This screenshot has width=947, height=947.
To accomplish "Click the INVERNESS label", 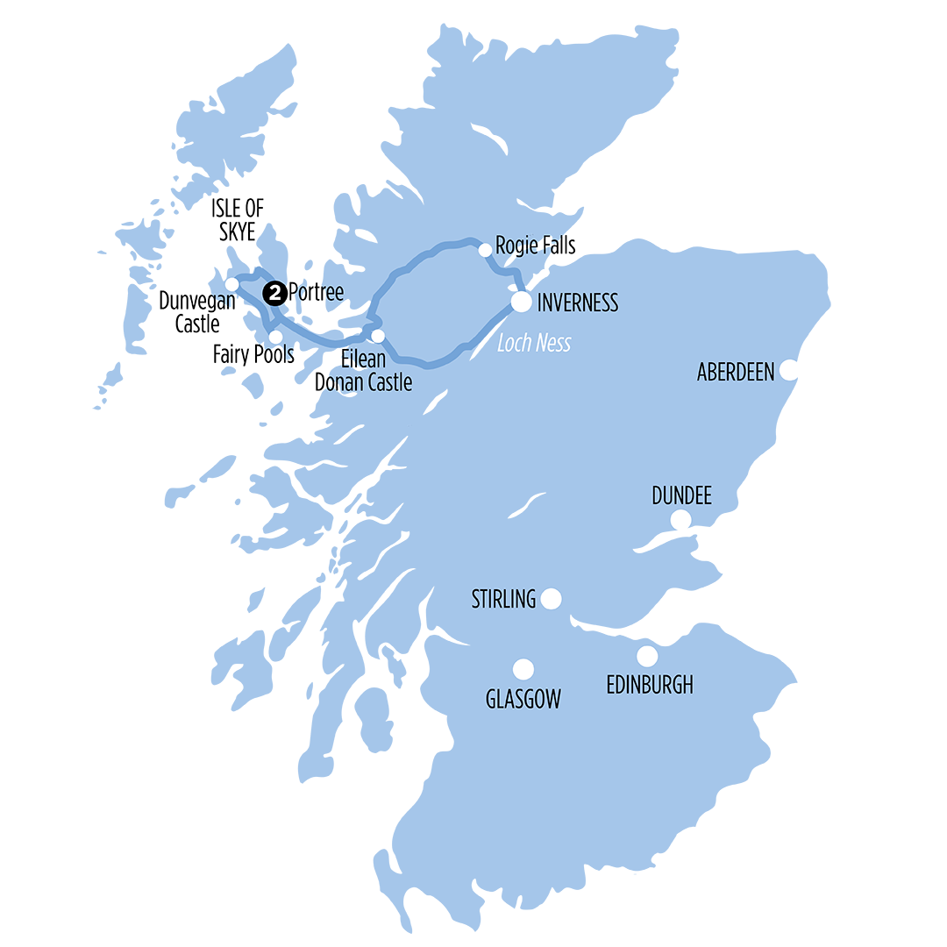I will (578, 303).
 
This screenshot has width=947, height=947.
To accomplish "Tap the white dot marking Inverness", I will (522, 303).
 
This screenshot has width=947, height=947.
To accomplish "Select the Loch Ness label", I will (534, 343).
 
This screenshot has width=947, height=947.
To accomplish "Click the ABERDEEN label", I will (736, 372).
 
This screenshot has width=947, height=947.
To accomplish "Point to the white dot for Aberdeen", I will (789, 370).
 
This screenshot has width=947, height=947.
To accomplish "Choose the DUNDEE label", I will (681, 496).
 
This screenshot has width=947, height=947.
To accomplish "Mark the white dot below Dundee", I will (680, 522).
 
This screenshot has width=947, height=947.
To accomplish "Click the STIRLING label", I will (503, 599).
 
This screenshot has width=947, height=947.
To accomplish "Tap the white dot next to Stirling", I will (551, 599).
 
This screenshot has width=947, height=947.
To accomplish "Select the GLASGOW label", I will (523, 699).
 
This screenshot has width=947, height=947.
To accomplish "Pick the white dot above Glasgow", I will (523, 670).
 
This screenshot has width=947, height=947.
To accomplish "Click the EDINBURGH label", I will (650, 684).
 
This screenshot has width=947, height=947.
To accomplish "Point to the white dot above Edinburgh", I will (647, 655).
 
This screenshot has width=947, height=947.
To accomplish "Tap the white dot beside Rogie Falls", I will (485, 251).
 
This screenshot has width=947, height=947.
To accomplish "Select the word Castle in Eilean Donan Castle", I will (382, 383).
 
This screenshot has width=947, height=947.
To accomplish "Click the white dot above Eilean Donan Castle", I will (378, 336).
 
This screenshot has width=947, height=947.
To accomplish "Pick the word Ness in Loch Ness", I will (552, 343).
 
